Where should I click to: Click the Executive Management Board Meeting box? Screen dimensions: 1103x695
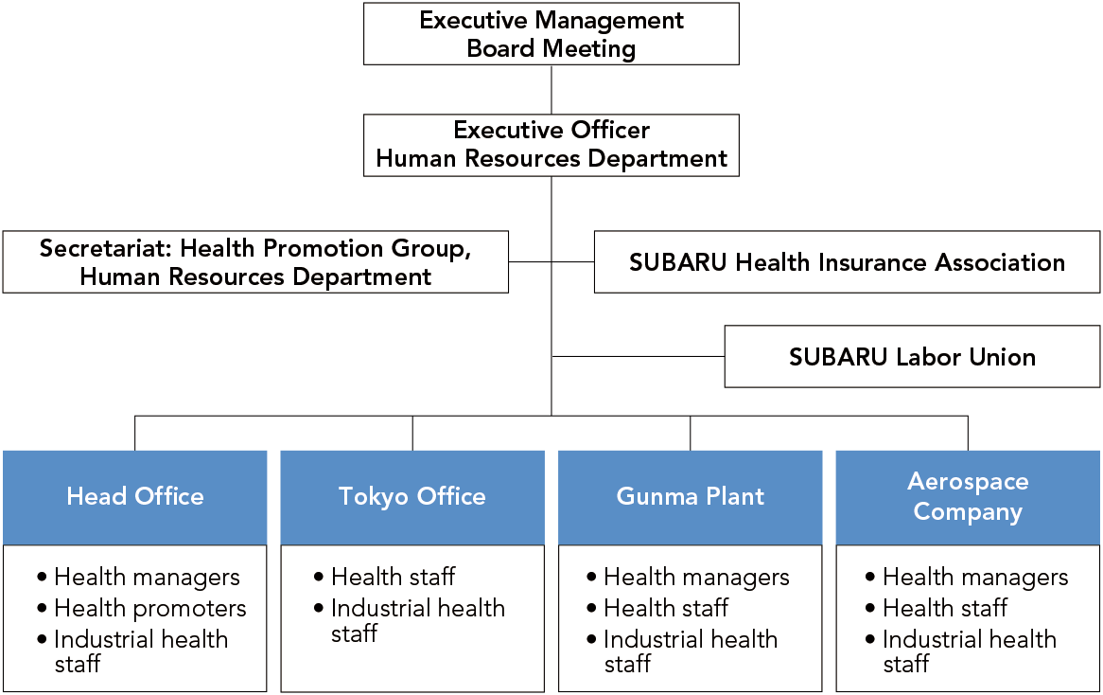[x=551, y=34]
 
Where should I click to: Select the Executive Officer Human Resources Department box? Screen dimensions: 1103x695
[x=551, y=145]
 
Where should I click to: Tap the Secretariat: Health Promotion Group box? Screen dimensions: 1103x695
[x=255, y=262]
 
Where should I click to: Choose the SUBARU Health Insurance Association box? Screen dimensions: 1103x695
[x=847, y=262]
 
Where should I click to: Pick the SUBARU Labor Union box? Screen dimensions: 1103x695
[x=912, y=356]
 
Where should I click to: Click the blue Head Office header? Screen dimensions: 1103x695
[x=135, y=497]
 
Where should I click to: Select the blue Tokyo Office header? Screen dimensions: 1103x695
[x=412, y=497]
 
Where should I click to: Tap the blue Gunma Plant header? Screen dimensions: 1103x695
[x=690, y=497]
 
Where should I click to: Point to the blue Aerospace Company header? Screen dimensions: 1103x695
[x=968, y=497]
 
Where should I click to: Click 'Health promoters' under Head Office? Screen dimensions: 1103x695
[x=150, y=609]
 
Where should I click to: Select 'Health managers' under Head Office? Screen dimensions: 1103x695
[x=147, y=578]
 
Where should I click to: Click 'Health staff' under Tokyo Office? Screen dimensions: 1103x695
[x=394, y=577]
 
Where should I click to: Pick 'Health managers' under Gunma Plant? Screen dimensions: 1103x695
[x=696, y=578]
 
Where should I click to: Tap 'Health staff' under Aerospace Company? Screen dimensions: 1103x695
[x=945, y=608]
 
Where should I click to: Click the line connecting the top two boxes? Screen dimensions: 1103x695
[x=551, y=90]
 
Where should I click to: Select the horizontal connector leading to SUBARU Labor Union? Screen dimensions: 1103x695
[x=638, y=356]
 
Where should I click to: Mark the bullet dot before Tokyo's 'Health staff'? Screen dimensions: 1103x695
[x=319, y=578]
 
